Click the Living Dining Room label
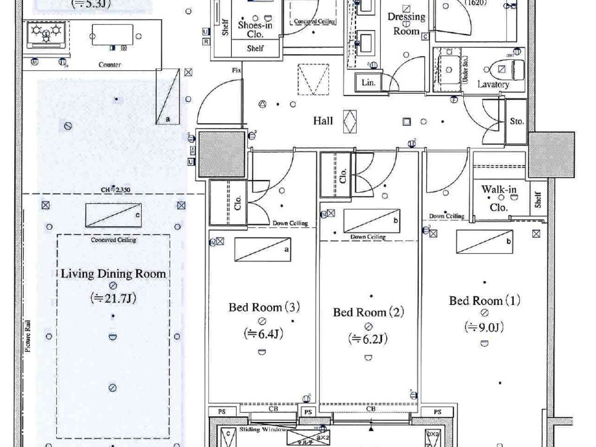click(113, 273)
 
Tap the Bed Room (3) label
click(264, 307)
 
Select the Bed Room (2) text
click(368, 312)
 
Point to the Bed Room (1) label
click(484, 301)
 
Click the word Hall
click(323, 121)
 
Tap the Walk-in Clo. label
click(499, 198)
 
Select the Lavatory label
click(493, 84)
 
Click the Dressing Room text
click(406, 24)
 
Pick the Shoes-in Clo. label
click(255, 29)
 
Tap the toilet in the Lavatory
click(509, 69)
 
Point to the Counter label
click(109, 65)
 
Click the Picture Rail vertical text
click(28, 336)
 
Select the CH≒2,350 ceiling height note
click(115, 190)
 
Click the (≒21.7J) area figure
click(113, 298)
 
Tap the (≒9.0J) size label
click(484, 327)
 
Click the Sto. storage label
click(516, 121)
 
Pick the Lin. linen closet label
click(368, 83)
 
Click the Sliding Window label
click(262, 429)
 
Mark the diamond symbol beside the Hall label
click(350, 121)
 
